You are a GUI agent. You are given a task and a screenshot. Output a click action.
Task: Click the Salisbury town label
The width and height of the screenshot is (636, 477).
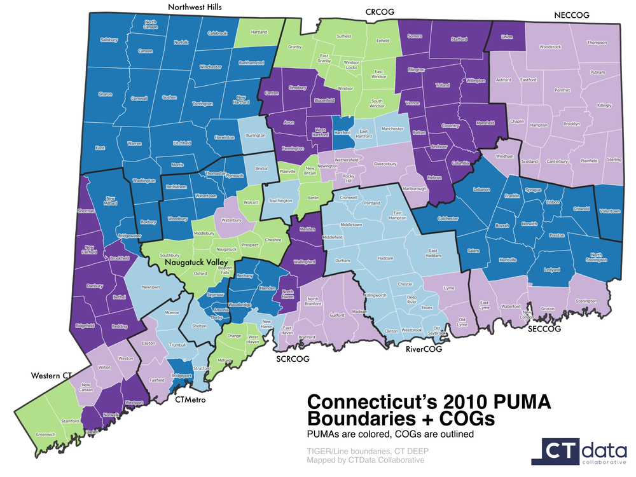[109, 40]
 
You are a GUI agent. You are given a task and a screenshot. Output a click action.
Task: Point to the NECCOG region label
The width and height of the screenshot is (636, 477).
[572, 14]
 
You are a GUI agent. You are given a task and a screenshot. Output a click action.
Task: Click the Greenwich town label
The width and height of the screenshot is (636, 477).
[46, 434]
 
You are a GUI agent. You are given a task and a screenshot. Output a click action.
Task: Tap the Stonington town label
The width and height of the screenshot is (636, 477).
[586, 301]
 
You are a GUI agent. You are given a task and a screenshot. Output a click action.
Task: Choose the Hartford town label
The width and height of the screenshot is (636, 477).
[342, 132]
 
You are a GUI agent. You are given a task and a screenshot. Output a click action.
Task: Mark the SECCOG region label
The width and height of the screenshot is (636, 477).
[545, 329]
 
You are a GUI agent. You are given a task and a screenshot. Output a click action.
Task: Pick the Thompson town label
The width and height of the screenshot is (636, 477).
[597, 43]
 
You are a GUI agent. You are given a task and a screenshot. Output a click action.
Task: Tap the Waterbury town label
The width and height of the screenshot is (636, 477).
[232, 220]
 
